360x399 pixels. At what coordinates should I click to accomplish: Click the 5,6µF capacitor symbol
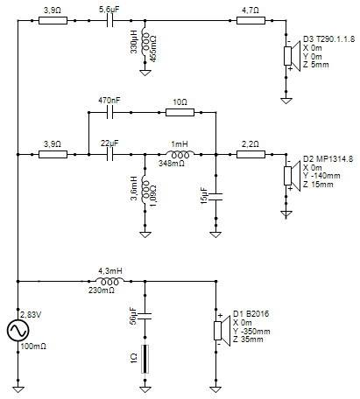(x=109, y=21)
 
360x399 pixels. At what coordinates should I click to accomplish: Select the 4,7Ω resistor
(x=251, y=21)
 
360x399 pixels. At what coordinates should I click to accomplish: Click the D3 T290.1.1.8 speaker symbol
(x=292, y=56)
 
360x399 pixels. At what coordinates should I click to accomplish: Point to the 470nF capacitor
(x=109, y=112)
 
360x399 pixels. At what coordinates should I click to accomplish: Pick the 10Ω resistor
(x=180, y=112)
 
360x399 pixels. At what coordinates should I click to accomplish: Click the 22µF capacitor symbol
(x=109, y=154)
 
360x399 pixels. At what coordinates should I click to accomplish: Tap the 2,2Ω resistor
(x=251, y=154)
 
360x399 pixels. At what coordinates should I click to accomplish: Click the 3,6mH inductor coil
(x=145, y=191)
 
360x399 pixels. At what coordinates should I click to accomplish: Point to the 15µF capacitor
(x=215, y=197)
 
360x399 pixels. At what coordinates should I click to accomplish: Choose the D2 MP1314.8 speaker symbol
(x=292, y=176)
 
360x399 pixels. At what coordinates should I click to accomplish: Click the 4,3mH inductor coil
(x=109, y=281)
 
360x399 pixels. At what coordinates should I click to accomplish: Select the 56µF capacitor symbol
(x=145, y=316)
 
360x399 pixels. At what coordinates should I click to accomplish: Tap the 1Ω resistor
(x=145, y=359)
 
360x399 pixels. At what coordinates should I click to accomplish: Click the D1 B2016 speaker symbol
(x=222, y=331)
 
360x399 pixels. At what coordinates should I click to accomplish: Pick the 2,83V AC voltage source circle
(x=18, y=331)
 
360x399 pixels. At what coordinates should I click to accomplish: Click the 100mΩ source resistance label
(x=33, y=346)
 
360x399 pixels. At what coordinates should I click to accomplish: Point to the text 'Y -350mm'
(x=251, y=332)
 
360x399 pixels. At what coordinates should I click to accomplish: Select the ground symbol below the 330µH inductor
(x=145, y=73)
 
